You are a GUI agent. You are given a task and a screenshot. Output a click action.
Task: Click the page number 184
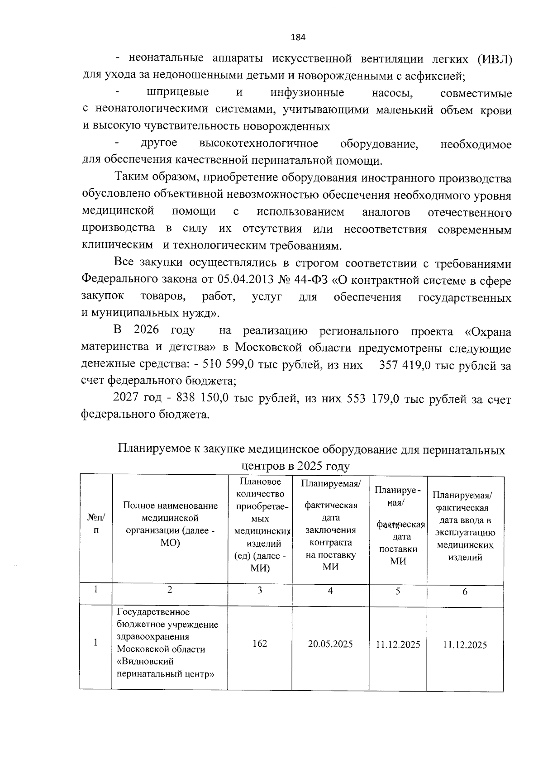[x=298, y=38]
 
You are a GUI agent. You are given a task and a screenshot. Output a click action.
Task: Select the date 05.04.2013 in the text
[x=246, y=281]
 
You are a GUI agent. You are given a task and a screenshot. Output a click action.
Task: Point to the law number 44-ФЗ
[x=312, y=281]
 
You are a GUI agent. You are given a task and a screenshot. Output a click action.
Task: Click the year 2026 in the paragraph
[x=147, y=330]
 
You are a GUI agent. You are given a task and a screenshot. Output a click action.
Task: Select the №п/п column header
[x=95, y=524]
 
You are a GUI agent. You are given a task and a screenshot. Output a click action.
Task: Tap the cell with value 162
[x=260, y=644]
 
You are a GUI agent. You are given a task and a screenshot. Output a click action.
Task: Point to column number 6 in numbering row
[x=465, y=592]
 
